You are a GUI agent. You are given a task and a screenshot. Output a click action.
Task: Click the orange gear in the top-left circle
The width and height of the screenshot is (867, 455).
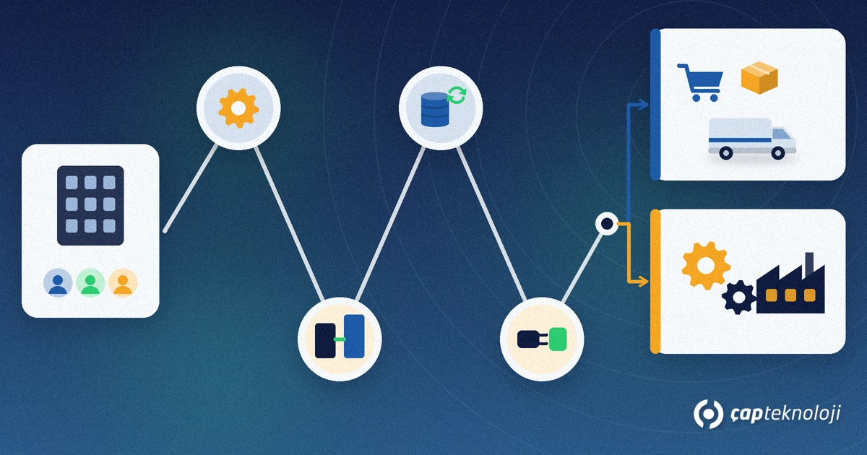point(238,108)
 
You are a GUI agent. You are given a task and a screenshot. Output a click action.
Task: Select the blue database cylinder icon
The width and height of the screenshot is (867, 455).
point(434,110)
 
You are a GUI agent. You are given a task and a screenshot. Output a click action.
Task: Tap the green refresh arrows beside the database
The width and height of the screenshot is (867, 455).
point(457,95)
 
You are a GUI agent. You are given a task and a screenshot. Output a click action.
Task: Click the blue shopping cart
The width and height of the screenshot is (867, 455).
point(700,82)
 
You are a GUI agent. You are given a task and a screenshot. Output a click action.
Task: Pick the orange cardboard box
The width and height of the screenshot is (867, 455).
point(759,77)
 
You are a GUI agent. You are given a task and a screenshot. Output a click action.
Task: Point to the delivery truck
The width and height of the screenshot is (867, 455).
point(751,139)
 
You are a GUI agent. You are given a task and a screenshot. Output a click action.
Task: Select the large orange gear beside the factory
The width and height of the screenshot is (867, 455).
point(706,266)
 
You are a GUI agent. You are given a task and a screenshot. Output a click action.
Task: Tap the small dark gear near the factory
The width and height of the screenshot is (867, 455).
point(738,297)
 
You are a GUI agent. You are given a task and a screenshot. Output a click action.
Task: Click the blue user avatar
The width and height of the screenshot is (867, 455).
point(58,283)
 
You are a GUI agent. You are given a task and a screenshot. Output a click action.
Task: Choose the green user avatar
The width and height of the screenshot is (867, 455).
point(90,283)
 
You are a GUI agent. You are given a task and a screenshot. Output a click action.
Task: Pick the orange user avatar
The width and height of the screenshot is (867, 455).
point(123,283)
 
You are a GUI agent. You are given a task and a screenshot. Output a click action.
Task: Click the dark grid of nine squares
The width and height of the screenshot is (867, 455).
point(90,205)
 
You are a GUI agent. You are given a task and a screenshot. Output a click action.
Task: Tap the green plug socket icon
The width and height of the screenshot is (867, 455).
point(558,339)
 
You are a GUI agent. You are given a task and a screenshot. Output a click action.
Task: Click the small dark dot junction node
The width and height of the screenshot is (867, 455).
point(607,224)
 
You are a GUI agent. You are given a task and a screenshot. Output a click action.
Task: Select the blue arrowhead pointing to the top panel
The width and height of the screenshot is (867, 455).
point(643,105)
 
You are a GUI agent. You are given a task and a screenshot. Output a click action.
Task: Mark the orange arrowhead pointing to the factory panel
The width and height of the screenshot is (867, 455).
point(643,281)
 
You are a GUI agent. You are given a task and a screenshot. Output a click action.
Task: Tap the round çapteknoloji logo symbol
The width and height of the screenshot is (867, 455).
point(708,415)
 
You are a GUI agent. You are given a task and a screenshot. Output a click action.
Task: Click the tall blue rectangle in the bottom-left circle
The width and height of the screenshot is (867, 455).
point(354,337)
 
